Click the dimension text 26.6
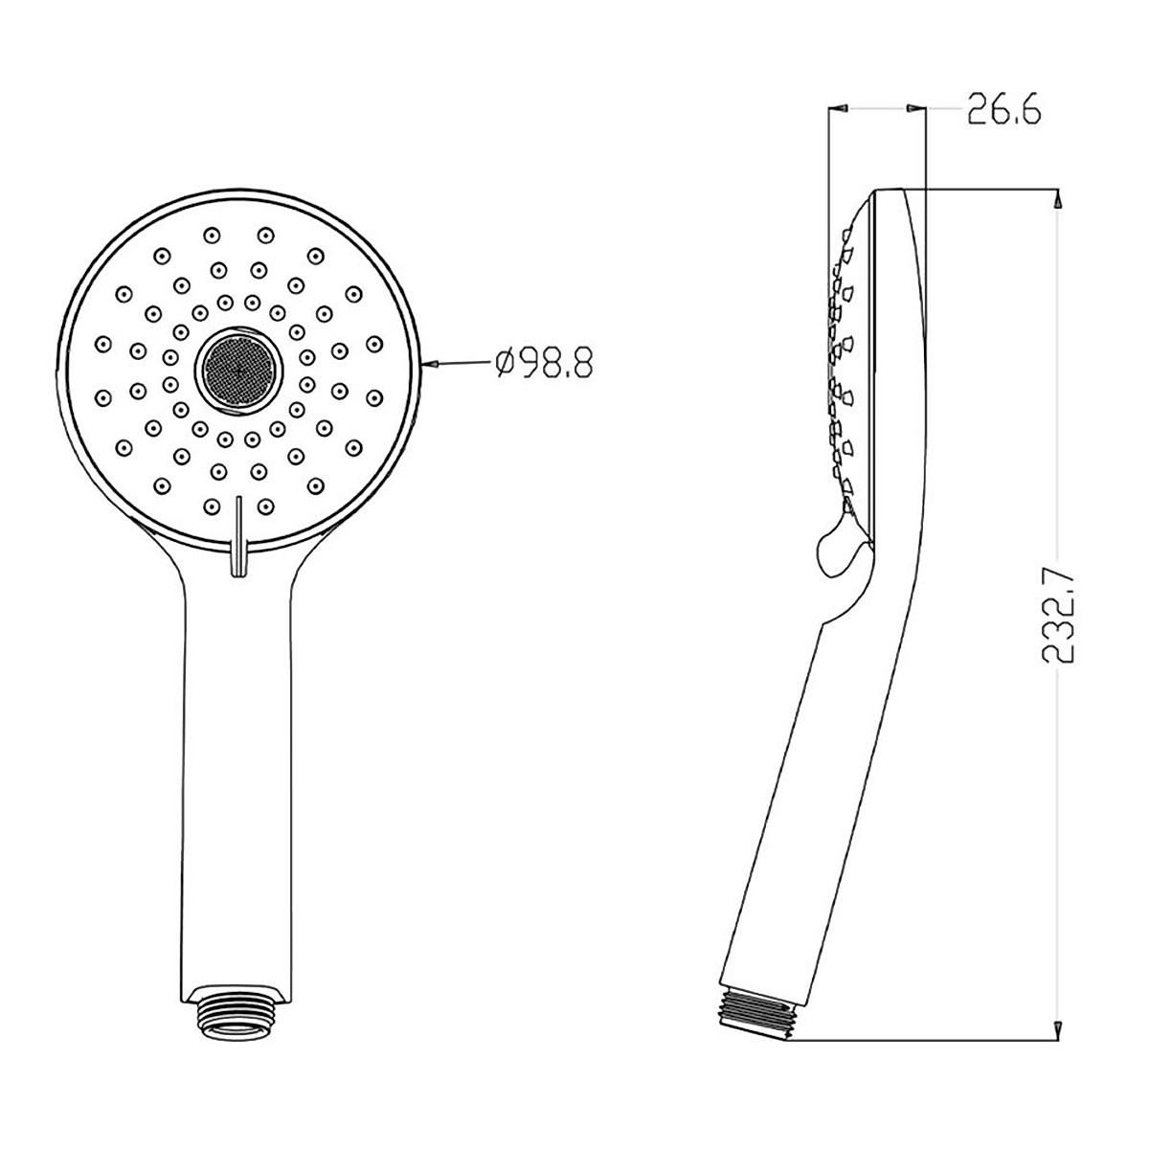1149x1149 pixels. (x=1003, y=110)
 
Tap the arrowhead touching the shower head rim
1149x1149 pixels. (x=431, y=364)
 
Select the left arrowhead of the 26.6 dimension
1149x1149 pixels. (x=839, y=110)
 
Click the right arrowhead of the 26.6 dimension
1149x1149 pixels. (x=916, y=110)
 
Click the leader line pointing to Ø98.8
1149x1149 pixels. (x=463, y=364)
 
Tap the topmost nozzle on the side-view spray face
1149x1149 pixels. (x=845, y=230)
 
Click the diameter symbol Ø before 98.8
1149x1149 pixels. (x=507, y=365)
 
